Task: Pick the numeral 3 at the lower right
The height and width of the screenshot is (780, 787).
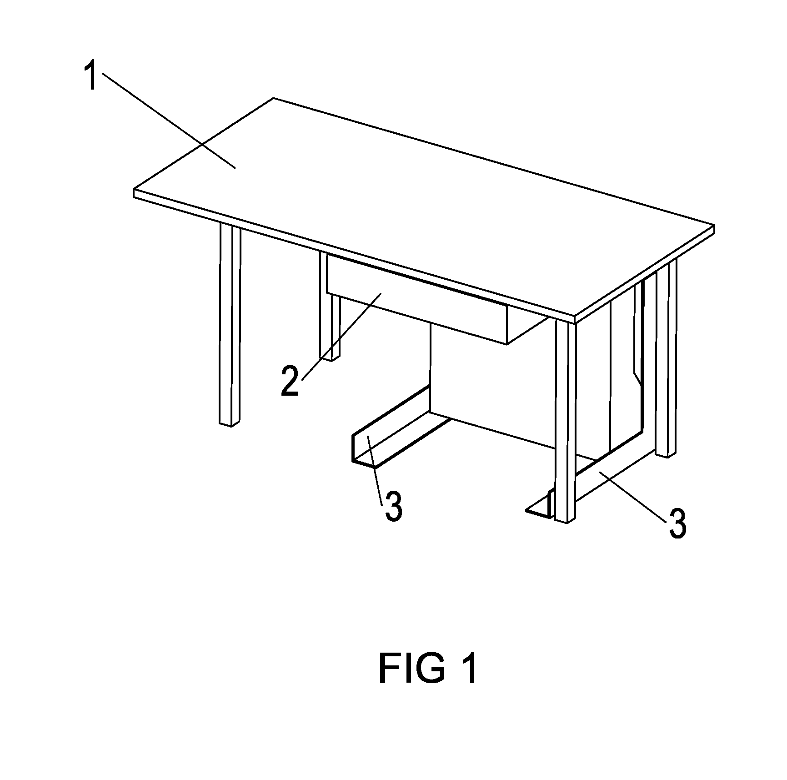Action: pos(677,524)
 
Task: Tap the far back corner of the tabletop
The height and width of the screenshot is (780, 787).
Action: pos(274,98)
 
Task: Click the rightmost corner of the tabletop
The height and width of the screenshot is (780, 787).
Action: pos(714,226)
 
